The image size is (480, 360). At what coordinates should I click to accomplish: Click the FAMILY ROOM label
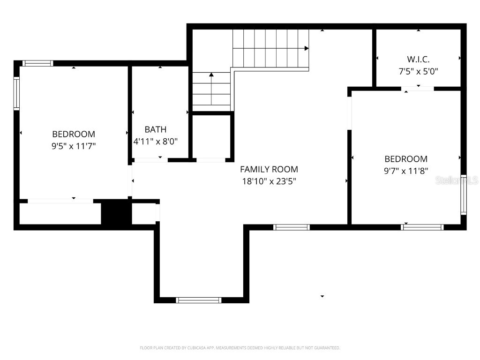pyautogui.click(x=269, y=169)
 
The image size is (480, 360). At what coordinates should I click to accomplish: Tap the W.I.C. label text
pyautogui.click(x=418, y=60)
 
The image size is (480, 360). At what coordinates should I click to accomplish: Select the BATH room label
pyautogui.click(x=155, y=129)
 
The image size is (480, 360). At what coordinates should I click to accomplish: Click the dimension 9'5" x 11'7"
pyautogui.click(x=74, y=146)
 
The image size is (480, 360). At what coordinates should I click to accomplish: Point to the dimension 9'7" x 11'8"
pyautogui.click(x=406, y=171)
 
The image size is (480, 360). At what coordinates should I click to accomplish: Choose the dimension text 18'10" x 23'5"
pyautogui.click(x=269, y=180)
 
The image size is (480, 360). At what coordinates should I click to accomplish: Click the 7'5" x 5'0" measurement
pyautogui.click(x=418, y=72)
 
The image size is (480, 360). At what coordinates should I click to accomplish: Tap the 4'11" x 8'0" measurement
pyautogui.click(x=155, y=141)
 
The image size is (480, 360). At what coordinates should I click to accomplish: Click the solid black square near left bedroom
pyautogui.click(x=114, y=213)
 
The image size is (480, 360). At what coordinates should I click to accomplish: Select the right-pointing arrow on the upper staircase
pyautogui.click(x=306, y=48)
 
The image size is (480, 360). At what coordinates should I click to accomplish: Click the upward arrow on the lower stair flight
pyautogui.click(x=211, y=75)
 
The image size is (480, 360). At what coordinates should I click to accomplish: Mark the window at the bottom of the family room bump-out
pyautogui.click(x=199, y=300)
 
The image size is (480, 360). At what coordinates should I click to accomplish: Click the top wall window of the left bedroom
pyautogui.click(x=37, y=63)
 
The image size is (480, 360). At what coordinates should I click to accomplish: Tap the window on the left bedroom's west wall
pyautogui.click(x=16, y=94)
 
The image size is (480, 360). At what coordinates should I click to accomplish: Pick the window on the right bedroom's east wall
pyautogui.click(x=464, y=195)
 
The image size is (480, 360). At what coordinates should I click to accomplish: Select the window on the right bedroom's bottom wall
pyautogui.click(x=422, y=227)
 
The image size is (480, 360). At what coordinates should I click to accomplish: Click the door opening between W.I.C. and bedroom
pyautogui.click(x=418, y=88)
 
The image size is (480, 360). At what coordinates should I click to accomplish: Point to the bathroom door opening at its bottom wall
pyautogui.click(x=149, y=160)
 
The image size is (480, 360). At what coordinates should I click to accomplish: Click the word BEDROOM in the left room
pyautogui.click(x=74, y=134)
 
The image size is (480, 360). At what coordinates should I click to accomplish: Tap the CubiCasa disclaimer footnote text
pyautogui.click(x=240, y=348)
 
